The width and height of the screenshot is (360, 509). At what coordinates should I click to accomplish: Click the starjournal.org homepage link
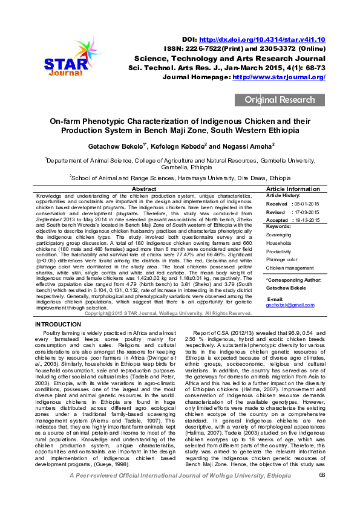click(279, 77)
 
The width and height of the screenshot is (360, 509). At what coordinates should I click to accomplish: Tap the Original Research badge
click(280, 100)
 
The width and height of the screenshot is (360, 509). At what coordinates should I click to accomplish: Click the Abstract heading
click(148, 190)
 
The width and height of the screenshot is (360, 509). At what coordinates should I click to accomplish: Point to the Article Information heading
click(293, 190)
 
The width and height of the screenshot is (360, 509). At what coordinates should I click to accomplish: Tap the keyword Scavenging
click(279, 235)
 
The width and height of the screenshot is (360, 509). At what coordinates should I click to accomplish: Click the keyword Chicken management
click(289, 267)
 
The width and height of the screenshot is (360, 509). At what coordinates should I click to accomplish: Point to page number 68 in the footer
click(322, 493)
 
